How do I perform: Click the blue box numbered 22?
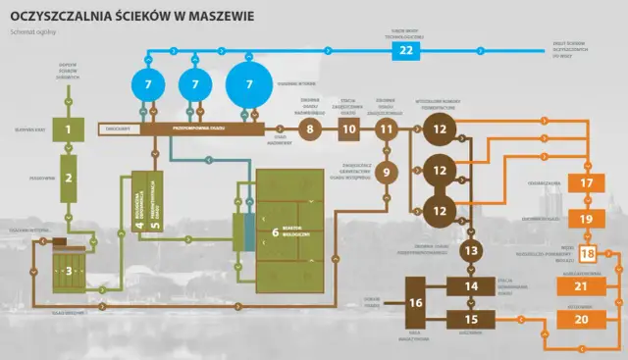pos(406,50)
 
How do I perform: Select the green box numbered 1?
pos(69,129)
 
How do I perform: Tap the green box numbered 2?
pos(69,178)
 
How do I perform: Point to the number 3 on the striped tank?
pos(68,269)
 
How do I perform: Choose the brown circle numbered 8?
pos(309,128)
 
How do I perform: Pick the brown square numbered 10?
pos(349,128)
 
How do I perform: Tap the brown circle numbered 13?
pos(471,251)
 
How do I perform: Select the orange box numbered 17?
pos(587,183)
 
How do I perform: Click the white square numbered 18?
pos(587,255)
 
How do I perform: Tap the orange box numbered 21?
pos(581,285)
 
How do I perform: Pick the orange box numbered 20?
pos(581,319)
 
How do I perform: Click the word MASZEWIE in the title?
pos(209,17)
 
